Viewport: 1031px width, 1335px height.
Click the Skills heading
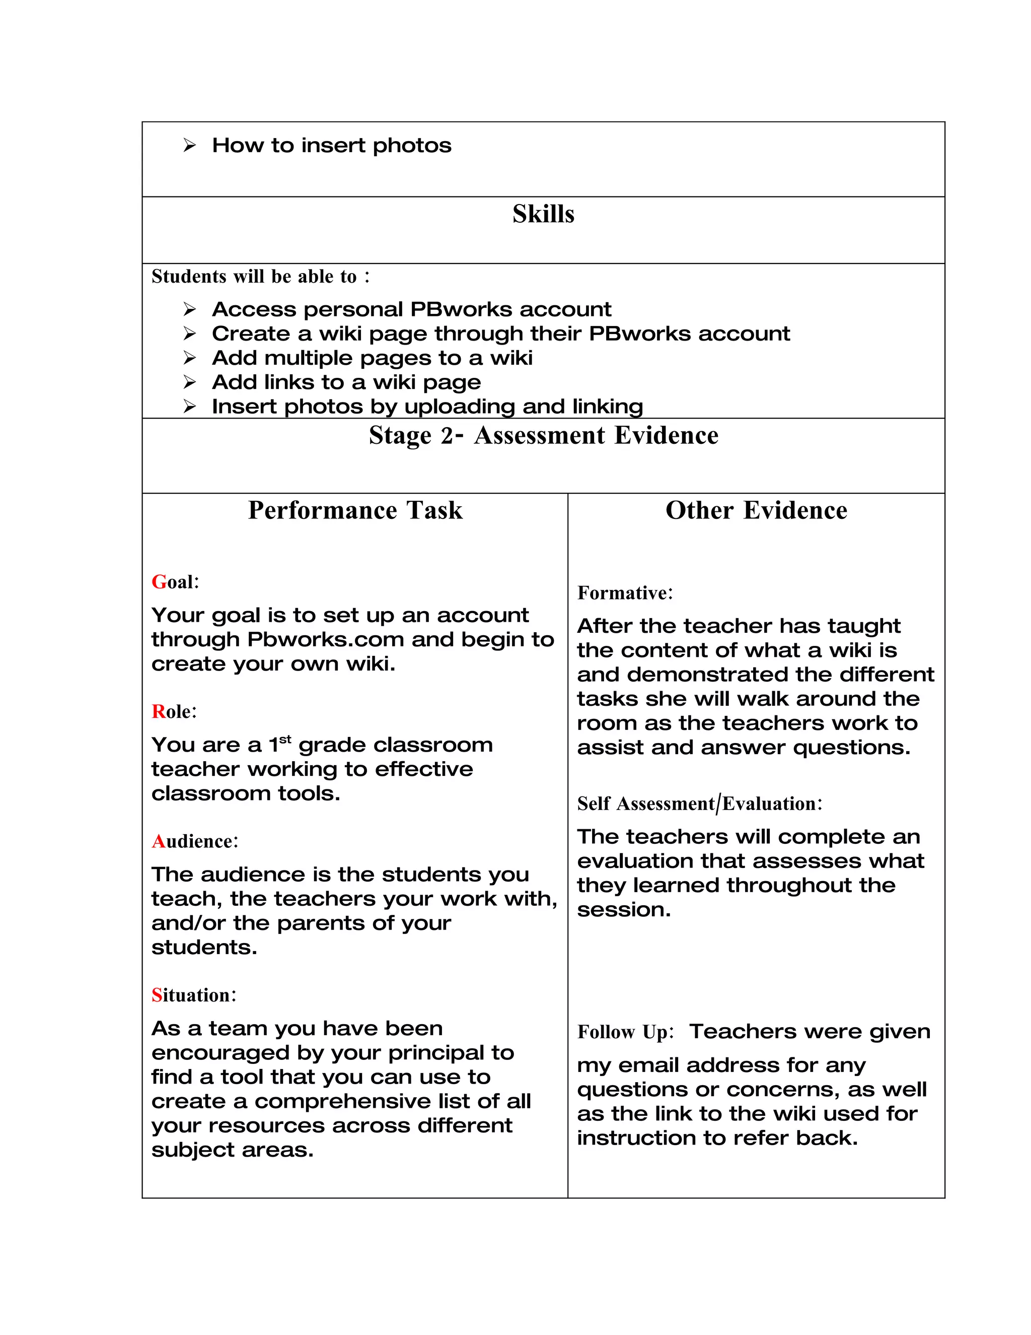(543, 214)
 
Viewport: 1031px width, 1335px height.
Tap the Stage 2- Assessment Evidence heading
(543, 436)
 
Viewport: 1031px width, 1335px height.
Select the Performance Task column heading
(355, 510)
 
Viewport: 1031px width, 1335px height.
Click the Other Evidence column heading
(756, 510)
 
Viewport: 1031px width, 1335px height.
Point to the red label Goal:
(175, 582)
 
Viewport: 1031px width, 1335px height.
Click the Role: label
(174, 711)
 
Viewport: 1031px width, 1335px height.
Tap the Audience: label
(195, 842)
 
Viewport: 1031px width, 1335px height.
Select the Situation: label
(194, 995)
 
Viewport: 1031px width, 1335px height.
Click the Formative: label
(625, 593)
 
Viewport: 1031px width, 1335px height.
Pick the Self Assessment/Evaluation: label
(699, 803)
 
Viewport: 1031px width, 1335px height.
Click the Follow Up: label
(625, 1032)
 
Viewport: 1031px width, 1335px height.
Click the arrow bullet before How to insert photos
(189, 146)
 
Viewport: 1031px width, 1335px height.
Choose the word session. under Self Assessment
(624, 909)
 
